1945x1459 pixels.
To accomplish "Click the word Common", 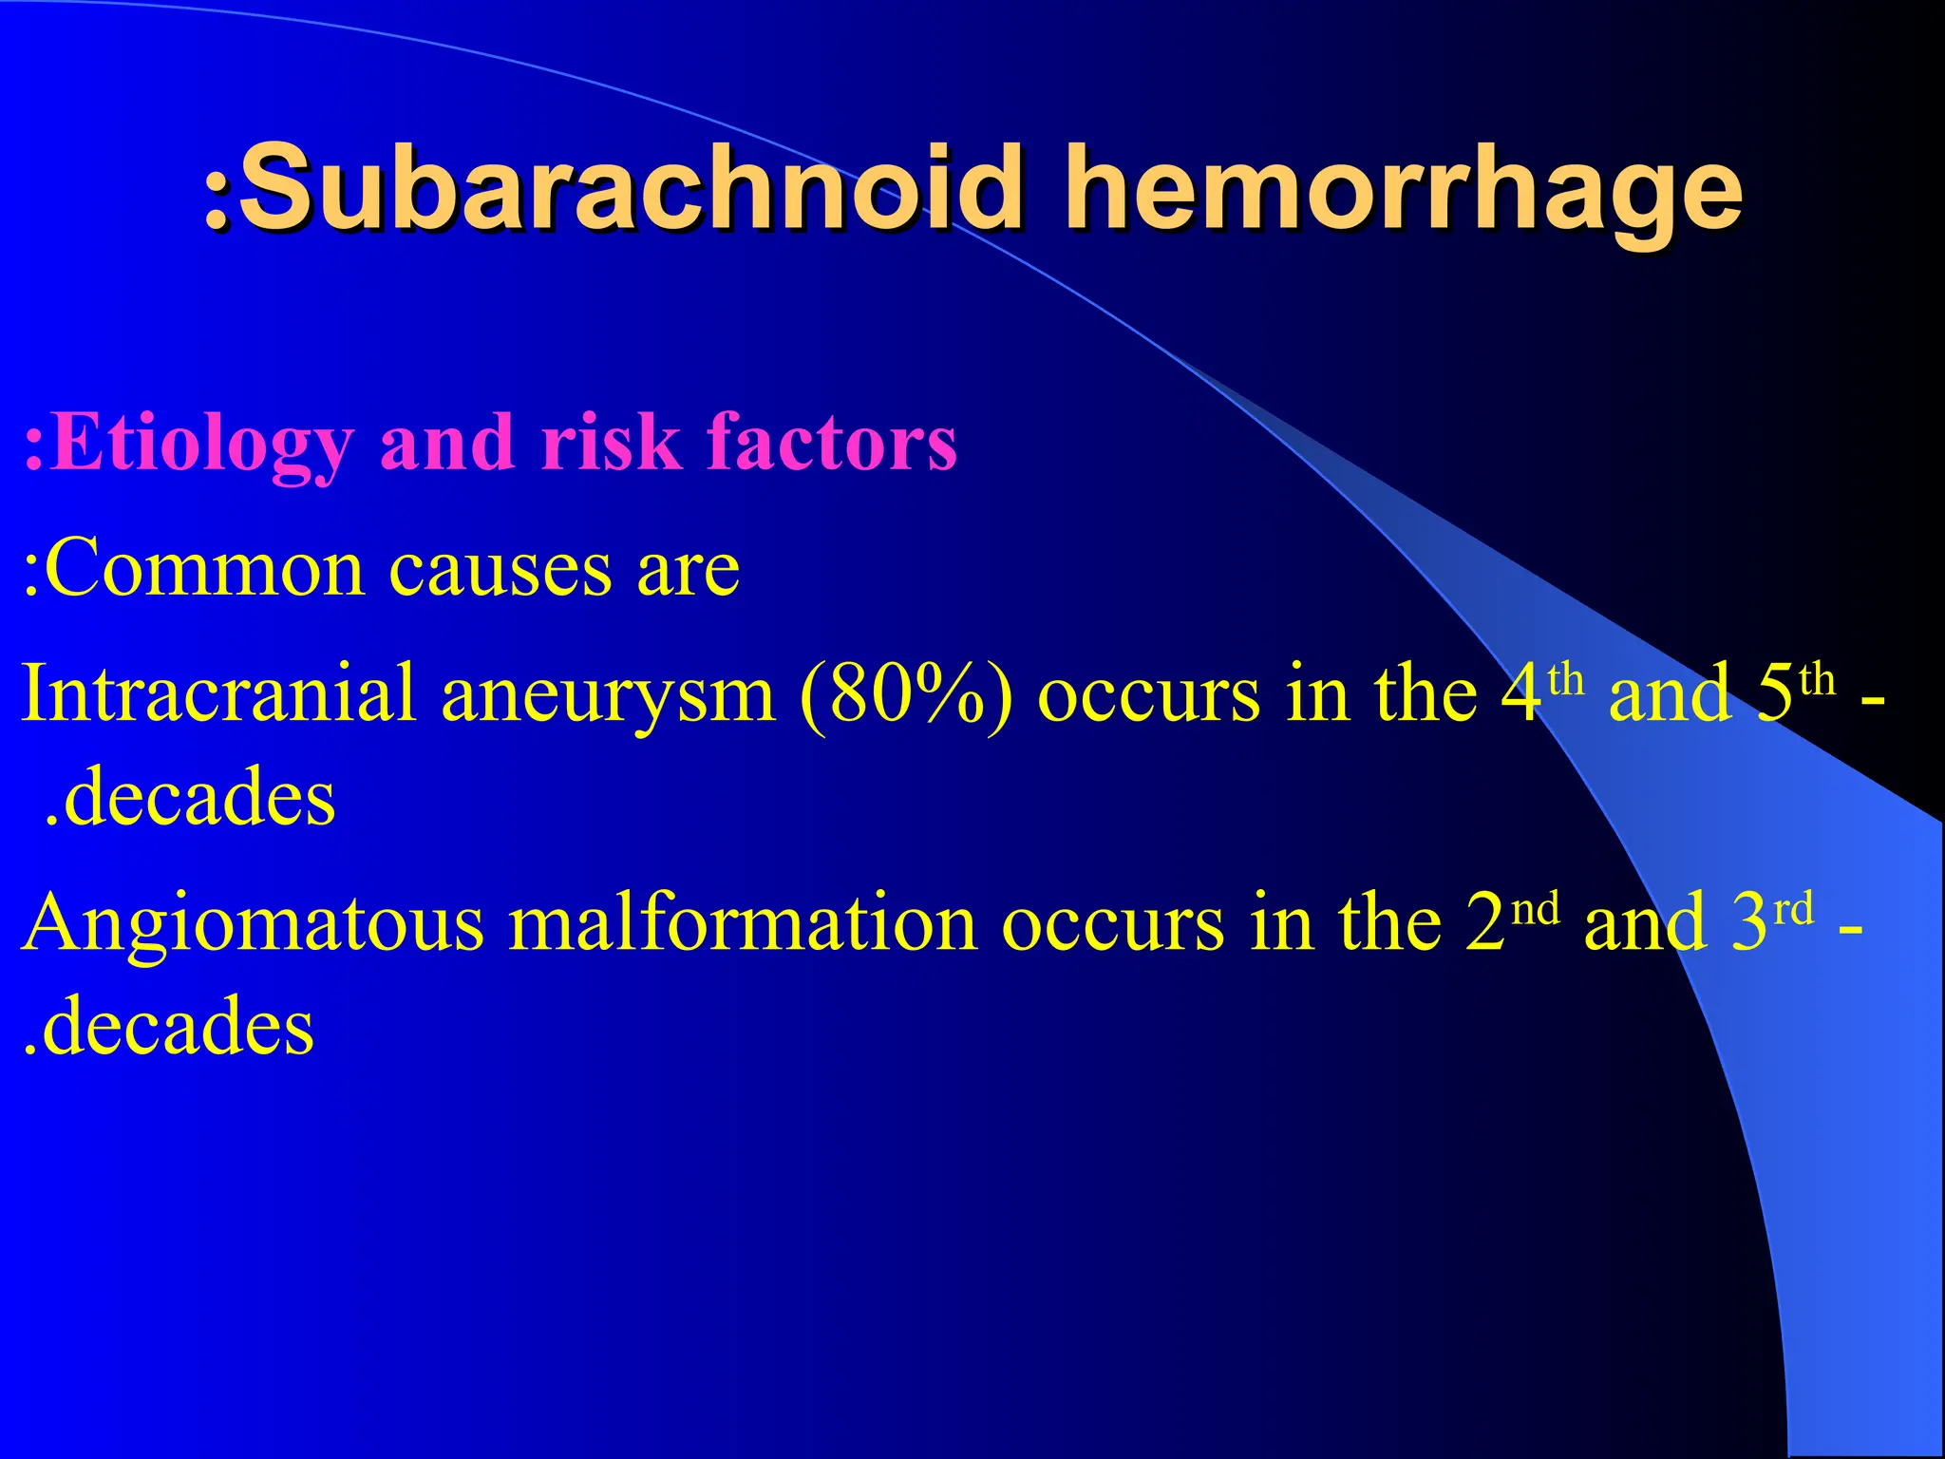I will pyautogui.click(x=205, y=569).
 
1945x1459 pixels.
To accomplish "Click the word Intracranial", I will pyautogui.click(x=218, y=692).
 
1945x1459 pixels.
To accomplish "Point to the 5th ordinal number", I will pyautogui.click(x=1795, y=692).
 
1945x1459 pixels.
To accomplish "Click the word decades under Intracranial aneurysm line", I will pyautogui.click(x=199, y=797).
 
